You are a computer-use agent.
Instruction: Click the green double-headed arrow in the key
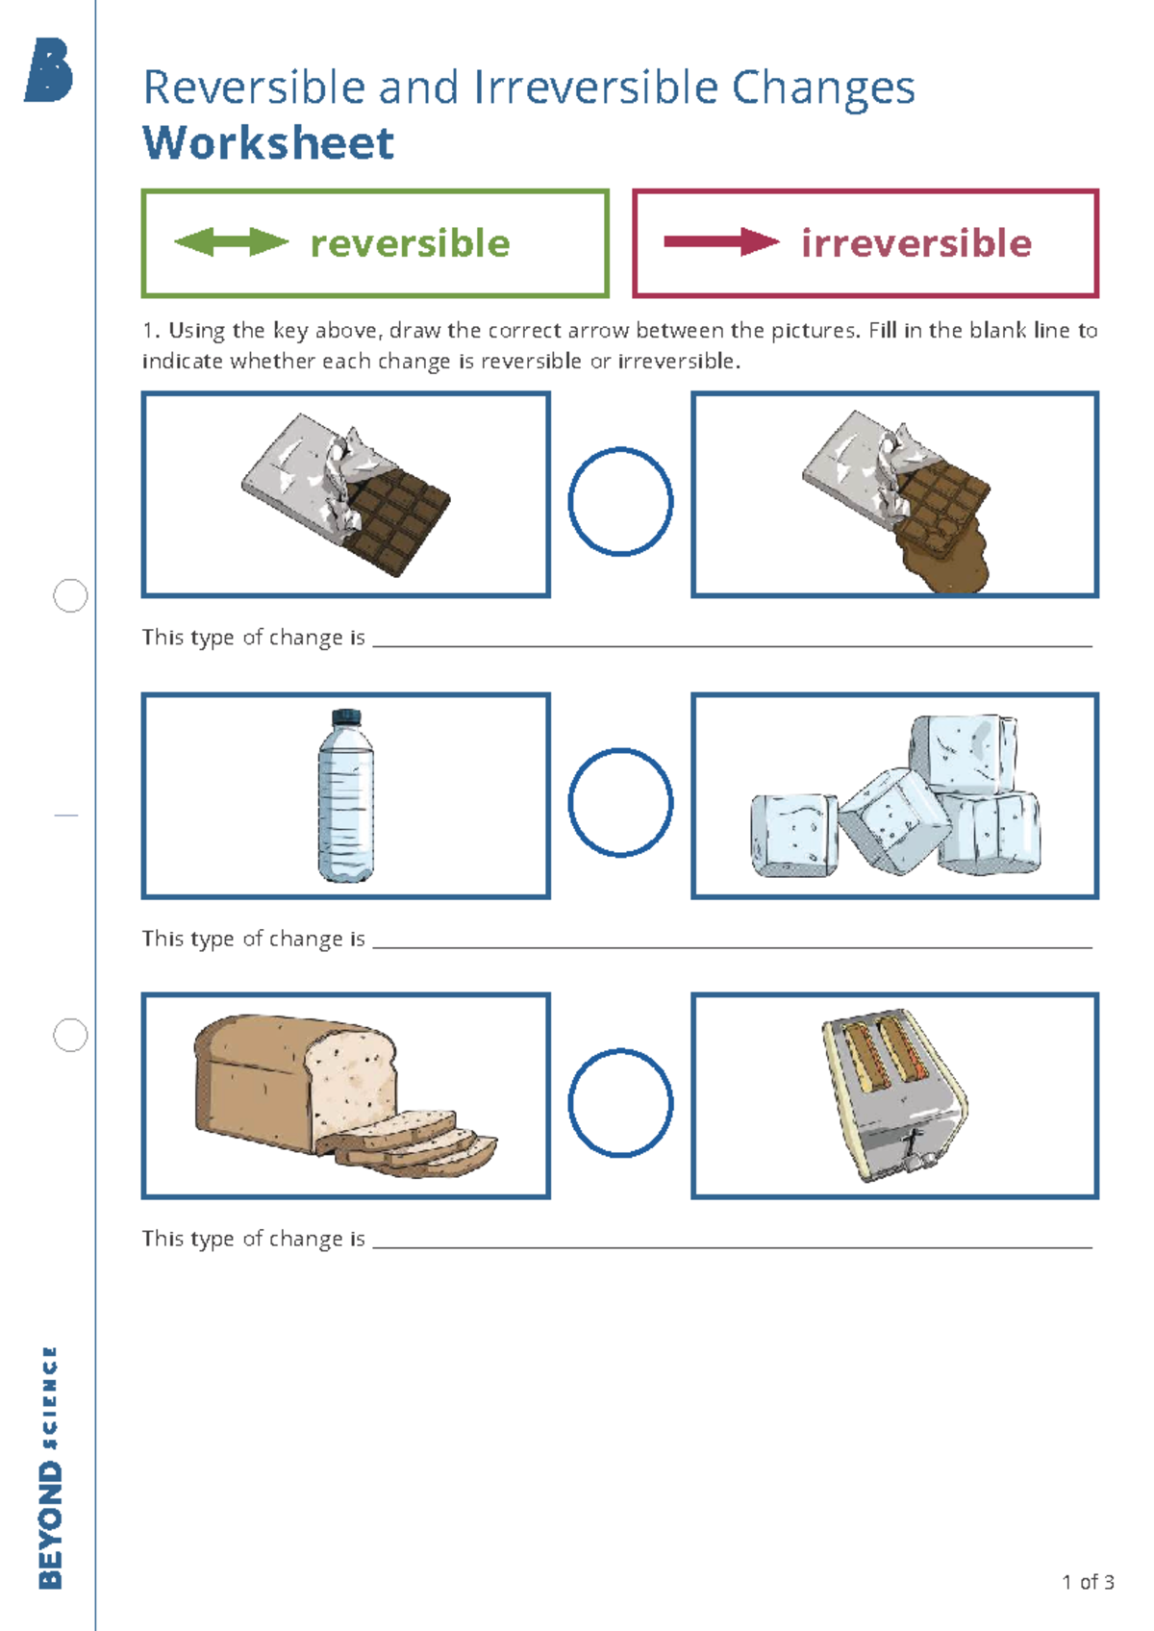pyautogui.click(x=231, y=242)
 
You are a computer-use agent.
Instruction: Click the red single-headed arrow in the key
pyautogui.click(x=721, y=242)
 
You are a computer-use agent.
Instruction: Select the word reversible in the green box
pyautogui.click(x=410, y=243)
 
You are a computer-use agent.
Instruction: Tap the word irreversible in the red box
pyautogui.click(x=916, y=243)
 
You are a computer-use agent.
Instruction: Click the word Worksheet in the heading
pyautogui.click(x=268, y=143)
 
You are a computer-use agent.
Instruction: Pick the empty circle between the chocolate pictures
pyautogui.click(x=620, y=501)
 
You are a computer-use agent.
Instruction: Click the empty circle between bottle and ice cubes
pyautogui.click(x=620, y=802)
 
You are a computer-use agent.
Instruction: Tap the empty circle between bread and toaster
pyautogui.click(x=620, y=1102)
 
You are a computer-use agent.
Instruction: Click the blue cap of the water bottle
pyautogui.click(x=346, y=717)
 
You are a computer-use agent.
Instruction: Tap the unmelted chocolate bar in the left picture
pyautogui.click(x=346, y=490)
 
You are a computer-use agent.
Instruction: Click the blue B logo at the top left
pyautogui.click(x=49, y=70)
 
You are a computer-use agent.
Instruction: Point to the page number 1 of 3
pyautogui.click(x=1088, y=1582)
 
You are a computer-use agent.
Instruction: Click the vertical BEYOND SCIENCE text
pyautogui.click(x=50, y=1467)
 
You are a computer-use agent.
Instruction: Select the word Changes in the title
pyautogui.click(x=823, y=88)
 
